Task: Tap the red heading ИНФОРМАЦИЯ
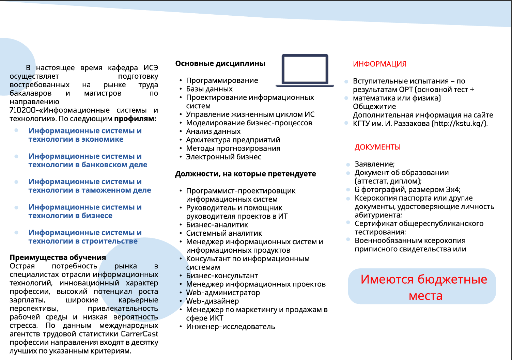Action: [379, 64]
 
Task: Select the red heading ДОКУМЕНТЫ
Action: [377, 147]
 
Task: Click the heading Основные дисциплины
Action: [220, 63]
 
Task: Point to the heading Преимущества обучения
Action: [58, 257]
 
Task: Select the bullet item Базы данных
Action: [209, 89]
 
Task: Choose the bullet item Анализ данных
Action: [213, 131]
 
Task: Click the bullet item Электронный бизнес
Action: [223, 157]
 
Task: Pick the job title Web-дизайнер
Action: [212, 301]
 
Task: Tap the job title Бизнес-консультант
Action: [222, 276]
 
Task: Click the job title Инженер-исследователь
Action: [230, 327]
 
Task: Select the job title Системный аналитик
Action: [224, 233]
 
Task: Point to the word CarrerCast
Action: [139, 334]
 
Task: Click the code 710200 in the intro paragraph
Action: [22, 110]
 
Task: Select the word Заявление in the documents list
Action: [374, 164]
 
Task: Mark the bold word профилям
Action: [135, 119]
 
